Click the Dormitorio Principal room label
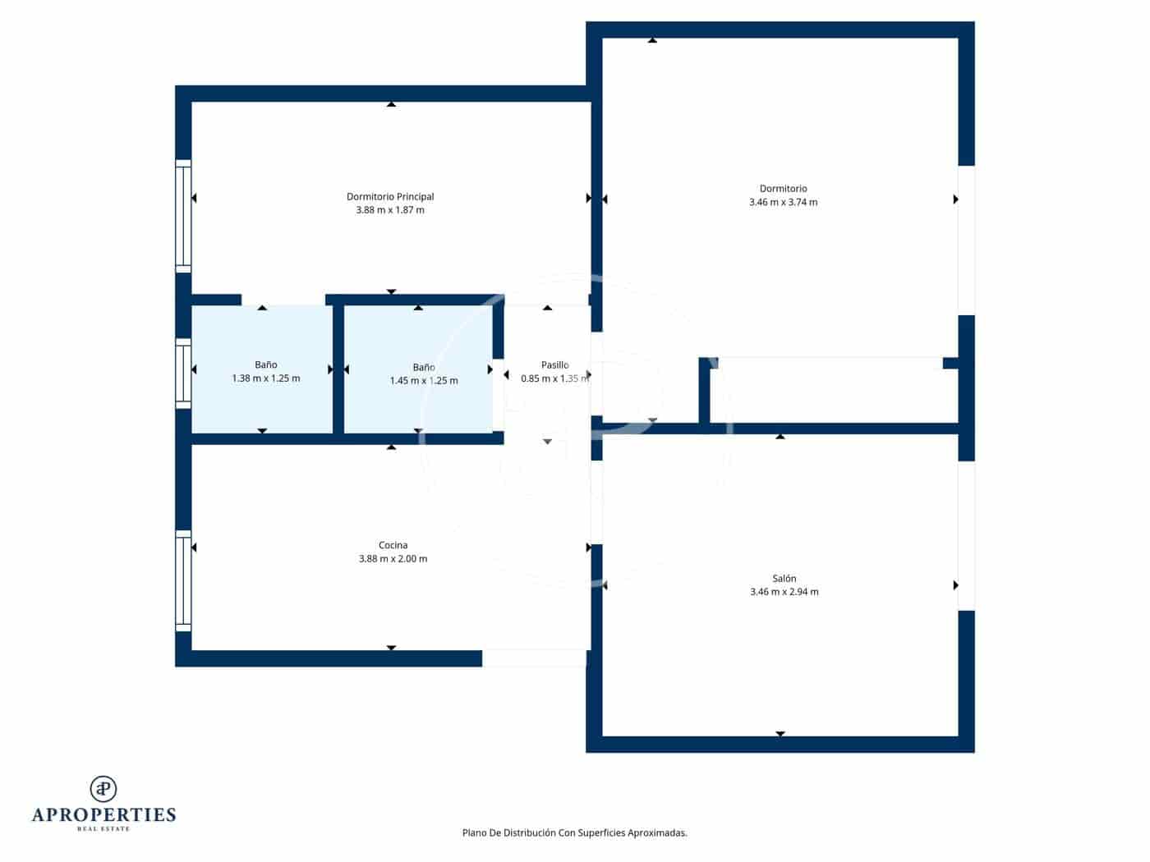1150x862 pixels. (x=390, y=196)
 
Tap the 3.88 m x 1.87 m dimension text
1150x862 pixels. (x=390, y=210)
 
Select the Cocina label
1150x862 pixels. (x=393, y=545)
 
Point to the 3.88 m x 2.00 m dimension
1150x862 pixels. (x=393, y=559)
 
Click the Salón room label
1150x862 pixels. (x=784, y=578)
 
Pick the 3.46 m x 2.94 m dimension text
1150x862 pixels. (x=784, y=592)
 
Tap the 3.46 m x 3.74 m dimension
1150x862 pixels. (x=783, y=202)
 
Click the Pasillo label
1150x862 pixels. (x=554, y=365)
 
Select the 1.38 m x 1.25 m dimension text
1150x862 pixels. (x=265, y=378)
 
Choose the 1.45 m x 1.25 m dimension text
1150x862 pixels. (x=424, y=381)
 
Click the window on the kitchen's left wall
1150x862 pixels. (x=183, y=580)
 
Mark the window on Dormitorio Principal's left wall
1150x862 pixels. (x=183, y=216)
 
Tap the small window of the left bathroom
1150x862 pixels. (x=183, y=374)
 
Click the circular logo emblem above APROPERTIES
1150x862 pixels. (x=103, y=789)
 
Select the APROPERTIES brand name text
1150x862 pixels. (x=103, y=815)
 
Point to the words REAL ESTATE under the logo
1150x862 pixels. (x=103, y=829)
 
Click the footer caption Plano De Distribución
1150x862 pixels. (x=574, y=832)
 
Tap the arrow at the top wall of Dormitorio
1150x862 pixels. (x=652, y=39)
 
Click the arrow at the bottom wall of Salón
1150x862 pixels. (x=780, y=734)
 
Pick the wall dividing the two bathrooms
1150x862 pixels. (x=338, y=369)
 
